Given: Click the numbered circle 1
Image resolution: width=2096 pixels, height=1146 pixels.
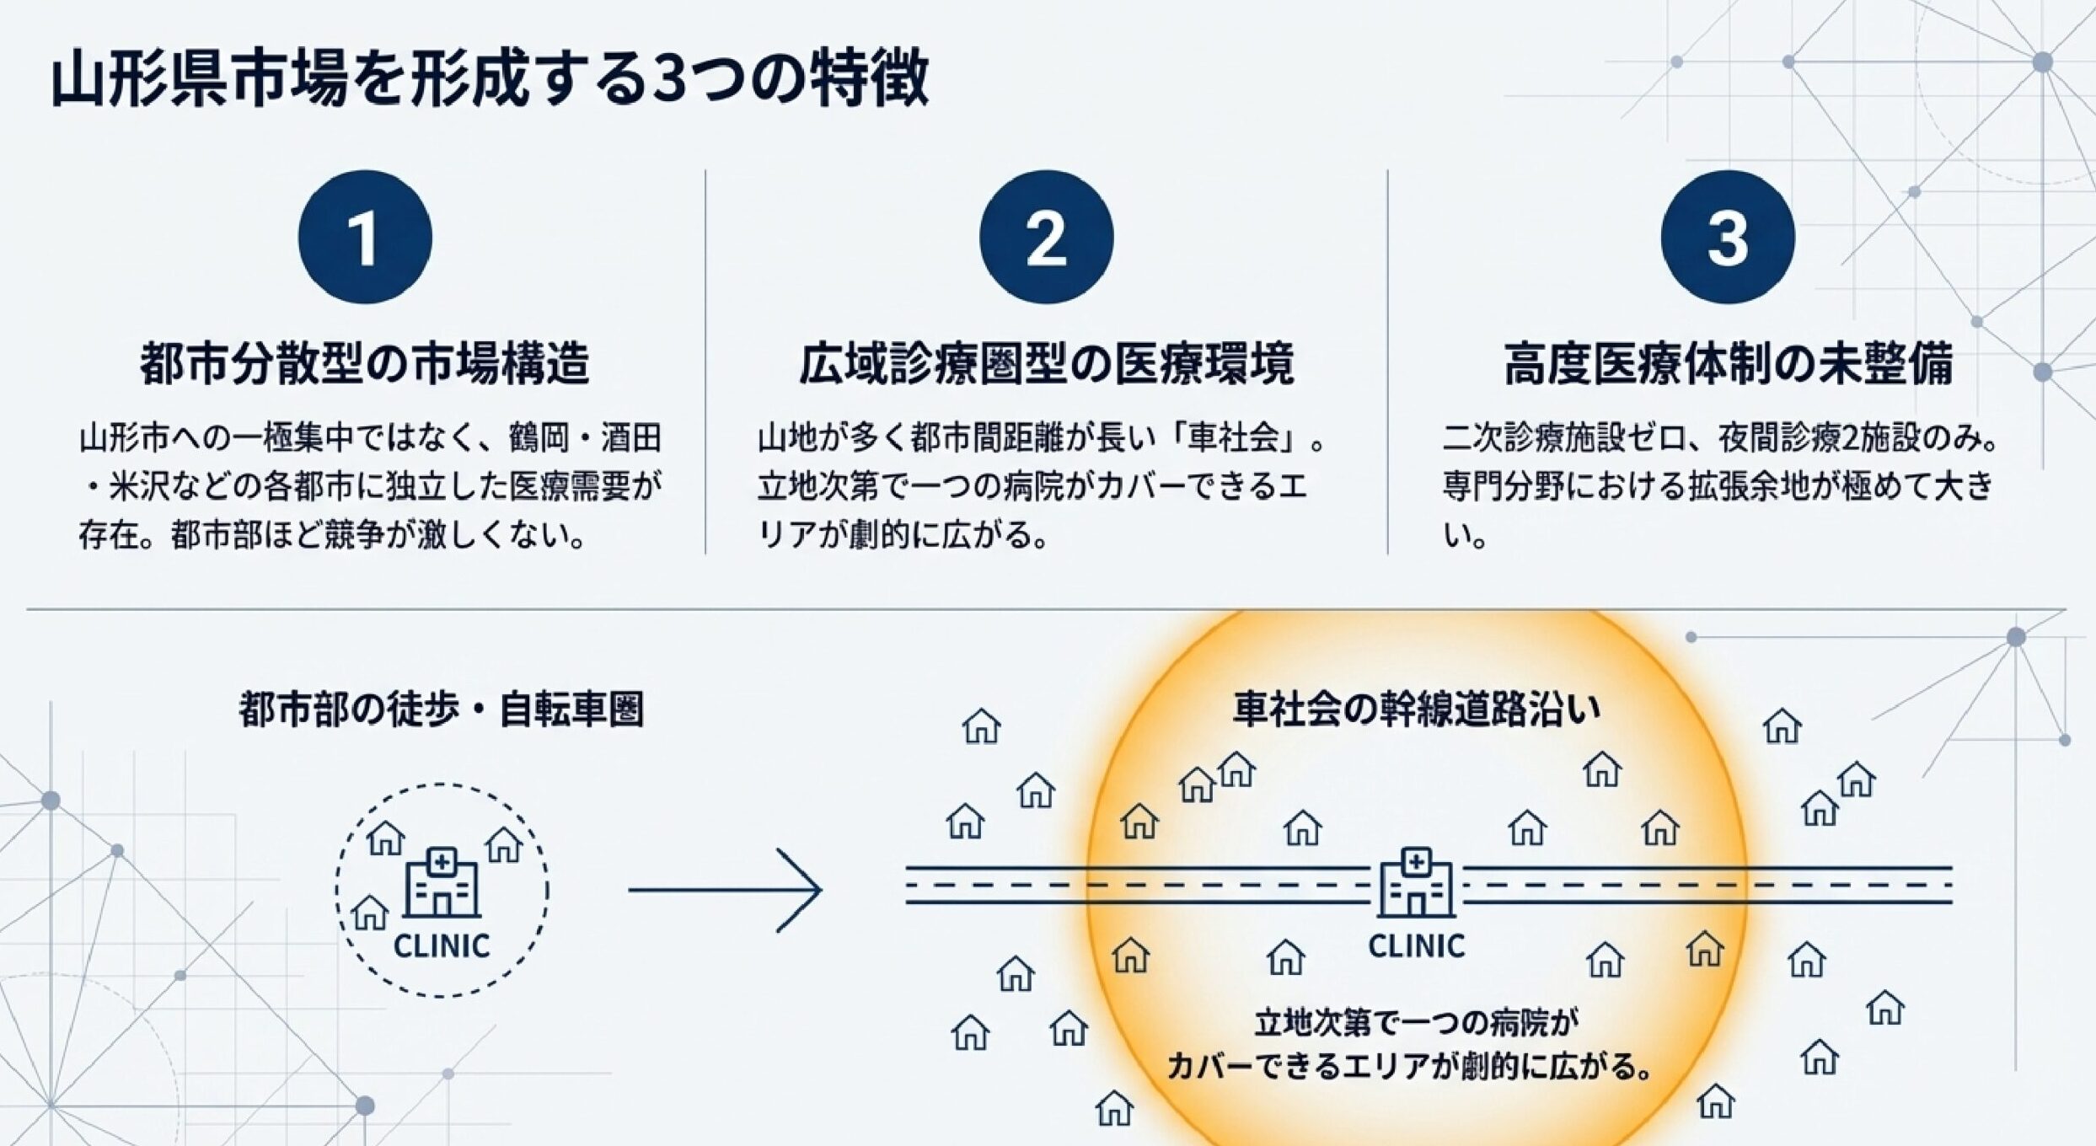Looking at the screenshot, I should (364, 237).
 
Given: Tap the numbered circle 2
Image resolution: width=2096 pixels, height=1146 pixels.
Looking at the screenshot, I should (1046, 237).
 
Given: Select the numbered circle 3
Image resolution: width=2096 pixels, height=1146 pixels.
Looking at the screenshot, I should (1727, 237).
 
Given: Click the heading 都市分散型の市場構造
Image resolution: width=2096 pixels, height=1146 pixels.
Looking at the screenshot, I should (364, 364).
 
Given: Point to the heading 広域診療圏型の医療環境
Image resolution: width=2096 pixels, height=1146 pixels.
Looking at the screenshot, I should (1046, 364).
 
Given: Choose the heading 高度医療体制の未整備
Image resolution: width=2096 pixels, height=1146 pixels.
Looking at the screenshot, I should (1728, 364).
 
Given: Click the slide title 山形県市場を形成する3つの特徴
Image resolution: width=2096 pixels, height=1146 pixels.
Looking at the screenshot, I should (490, 79).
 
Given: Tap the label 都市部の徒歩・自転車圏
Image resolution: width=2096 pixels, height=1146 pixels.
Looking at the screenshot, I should (441, 710).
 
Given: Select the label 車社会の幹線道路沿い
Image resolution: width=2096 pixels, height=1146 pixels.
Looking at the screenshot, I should (1416, 710).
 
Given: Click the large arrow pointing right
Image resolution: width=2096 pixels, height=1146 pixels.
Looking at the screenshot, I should (725, 890).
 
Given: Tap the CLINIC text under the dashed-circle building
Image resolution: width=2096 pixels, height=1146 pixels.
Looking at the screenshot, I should (442, 946).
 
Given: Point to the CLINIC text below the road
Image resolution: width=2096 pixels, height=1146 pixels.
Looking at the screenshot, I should (1416, 946).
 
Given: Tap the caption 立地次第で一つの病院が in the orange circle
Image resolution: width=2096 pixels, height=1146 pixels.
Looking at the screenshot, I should (1416, 1023).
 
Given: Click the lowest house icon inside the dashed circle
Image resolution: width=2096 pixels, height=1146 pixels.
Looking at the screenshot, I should (369, 913).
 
